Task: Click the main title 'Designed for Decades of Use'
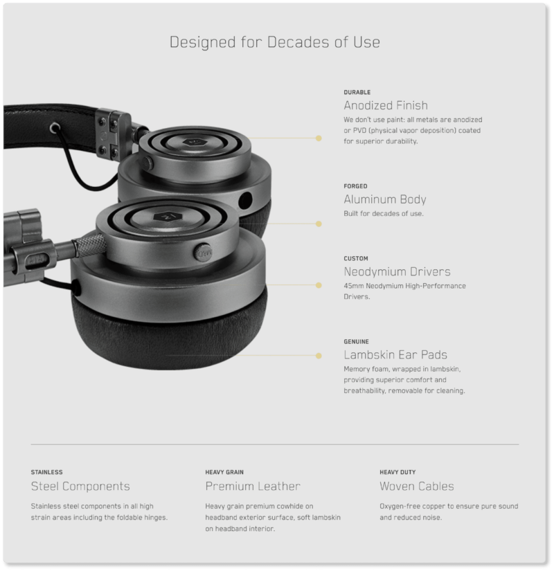click(x=275, y=42)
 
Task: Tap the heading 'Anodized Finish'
click(x=386, y=106)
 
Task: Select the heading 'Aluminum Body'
click(x=385, y=199)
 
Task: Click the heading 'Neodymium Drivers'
click(x=397, y=272)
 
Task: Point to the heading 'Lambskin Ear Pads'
click(x=395, y=354)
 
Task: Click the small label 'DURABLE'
click(x=357, y=93)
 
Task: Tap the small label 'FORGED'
click(x=355, y=186)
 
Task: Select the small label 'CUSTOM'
click(x=356, y=259)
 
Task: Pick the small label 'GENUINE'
click(x=356, y=342)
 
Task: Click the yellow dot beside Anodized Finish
click(x=319, y=138)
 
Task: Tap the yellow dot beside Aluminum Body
click(x=319, y=224)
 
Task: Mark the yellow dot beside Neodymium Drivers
click(x=319, y=285)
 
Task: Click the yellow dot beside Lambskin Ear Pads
click(x=319, y=356)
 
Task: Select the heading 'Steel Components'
click(x=80, y=487)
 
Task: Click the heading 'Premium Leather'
click(x=253, y=487)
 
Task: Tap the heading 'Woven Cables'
click(x=417, y=487)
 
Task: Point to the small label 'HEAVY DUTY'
click(x=397, y=472)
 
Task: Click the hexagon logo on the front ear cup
click(x=168, y=217)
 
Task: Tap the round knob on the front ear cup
click(x=203, y=252)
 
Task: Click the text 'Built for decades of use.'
click(x=384, y=214)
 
